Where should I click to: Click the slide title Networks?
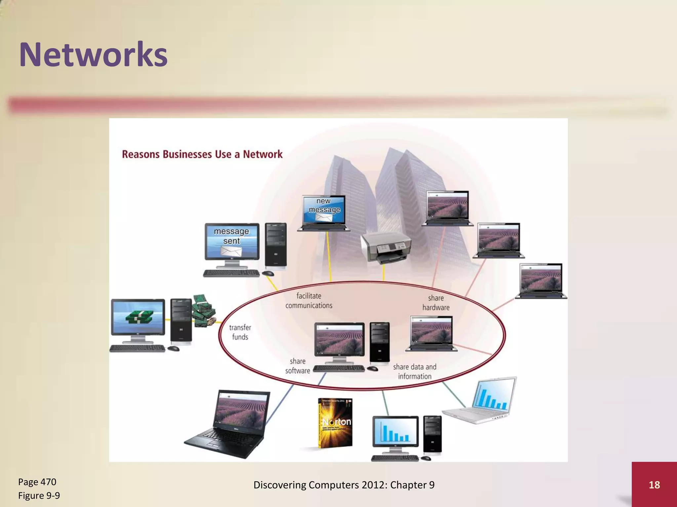click(93, 54)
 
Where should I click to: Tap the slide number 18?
click(654, 485)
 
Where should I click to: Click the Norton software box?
click(335, 423)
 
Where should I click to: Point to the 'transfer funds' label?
click(240, 332)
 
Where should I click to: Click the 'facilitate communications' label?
click(309, 301)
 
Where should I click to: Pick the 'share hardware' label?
click(436, 303)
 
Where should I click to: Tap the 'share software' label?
click(298, 366)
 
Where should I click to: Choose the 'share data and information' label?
click(415, 372)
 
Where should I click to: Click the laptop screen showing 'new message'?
click(324, 209)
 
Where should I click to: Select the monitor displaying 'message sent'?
click(232, 241)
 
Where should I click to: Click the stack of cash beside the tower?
click(204, 310)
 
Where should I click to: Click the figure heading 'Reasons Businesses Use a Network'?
click(202, 154)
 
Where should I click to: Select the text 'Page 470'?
click(37, 482)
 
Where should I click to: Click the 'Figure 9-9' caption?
click(39, 495)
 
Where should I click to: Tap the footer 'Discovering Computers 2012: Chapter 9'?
click(344, 485)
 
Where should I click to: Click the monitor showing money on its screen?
click(138, 317)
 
